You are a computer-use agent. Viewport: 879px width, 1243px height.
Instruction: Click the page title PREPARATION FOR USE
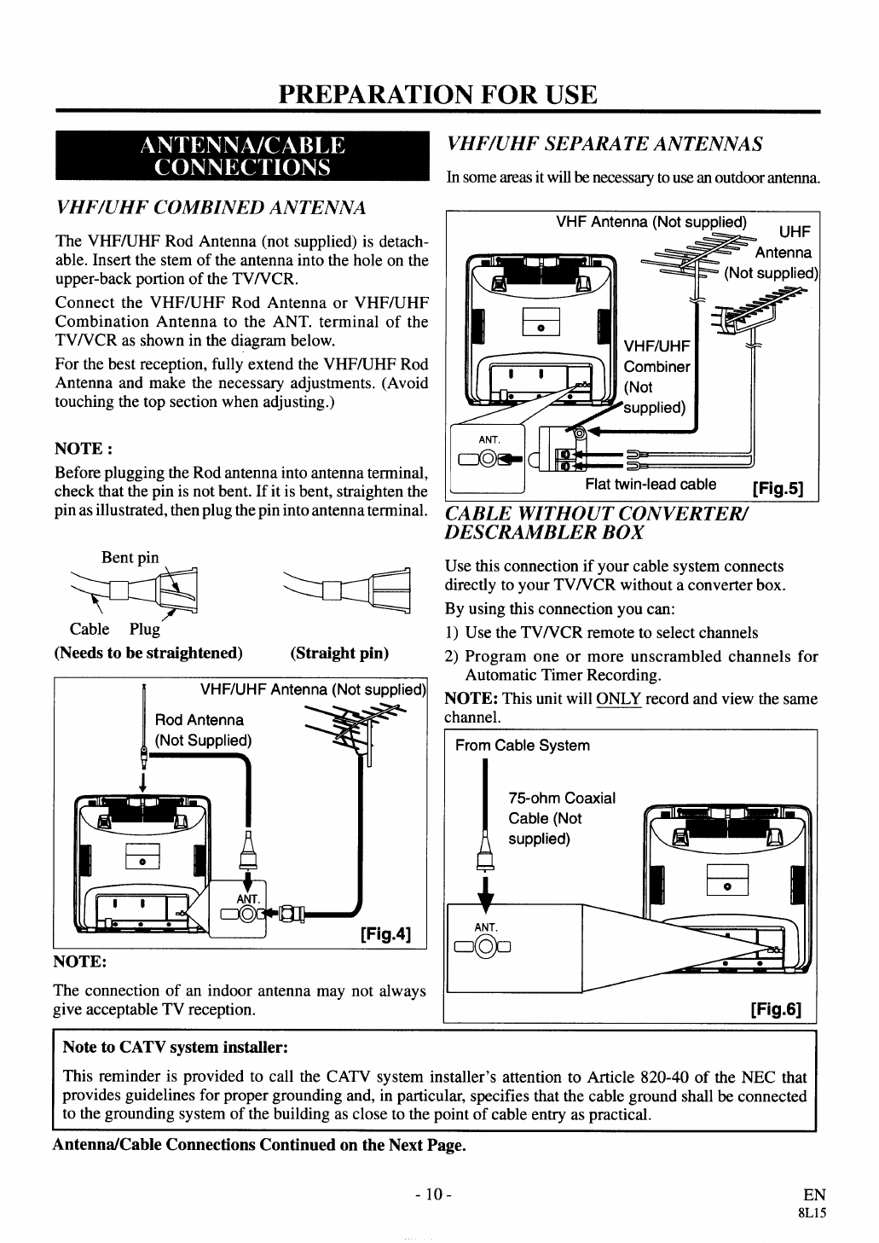coord(438,94)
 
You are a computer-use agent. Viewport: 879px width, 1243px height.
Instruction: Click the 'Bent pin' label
coord(130,557)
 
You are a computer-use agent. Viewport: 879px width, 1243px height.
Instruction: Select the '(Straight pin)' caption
coord(339,653)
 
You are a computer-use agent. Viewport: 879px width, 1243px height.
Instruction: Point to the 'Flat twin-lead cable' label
coord(650,485)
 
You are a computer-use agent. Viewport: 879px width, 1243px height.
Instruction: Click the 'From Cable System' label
coord(523,746)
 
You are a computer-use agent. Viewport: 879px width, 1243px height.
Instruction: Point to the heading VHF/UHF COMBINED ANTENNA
coord(211,207)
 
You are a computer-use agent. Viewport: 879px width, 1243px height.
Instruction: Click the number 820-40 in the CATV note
coord(668,1077)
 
